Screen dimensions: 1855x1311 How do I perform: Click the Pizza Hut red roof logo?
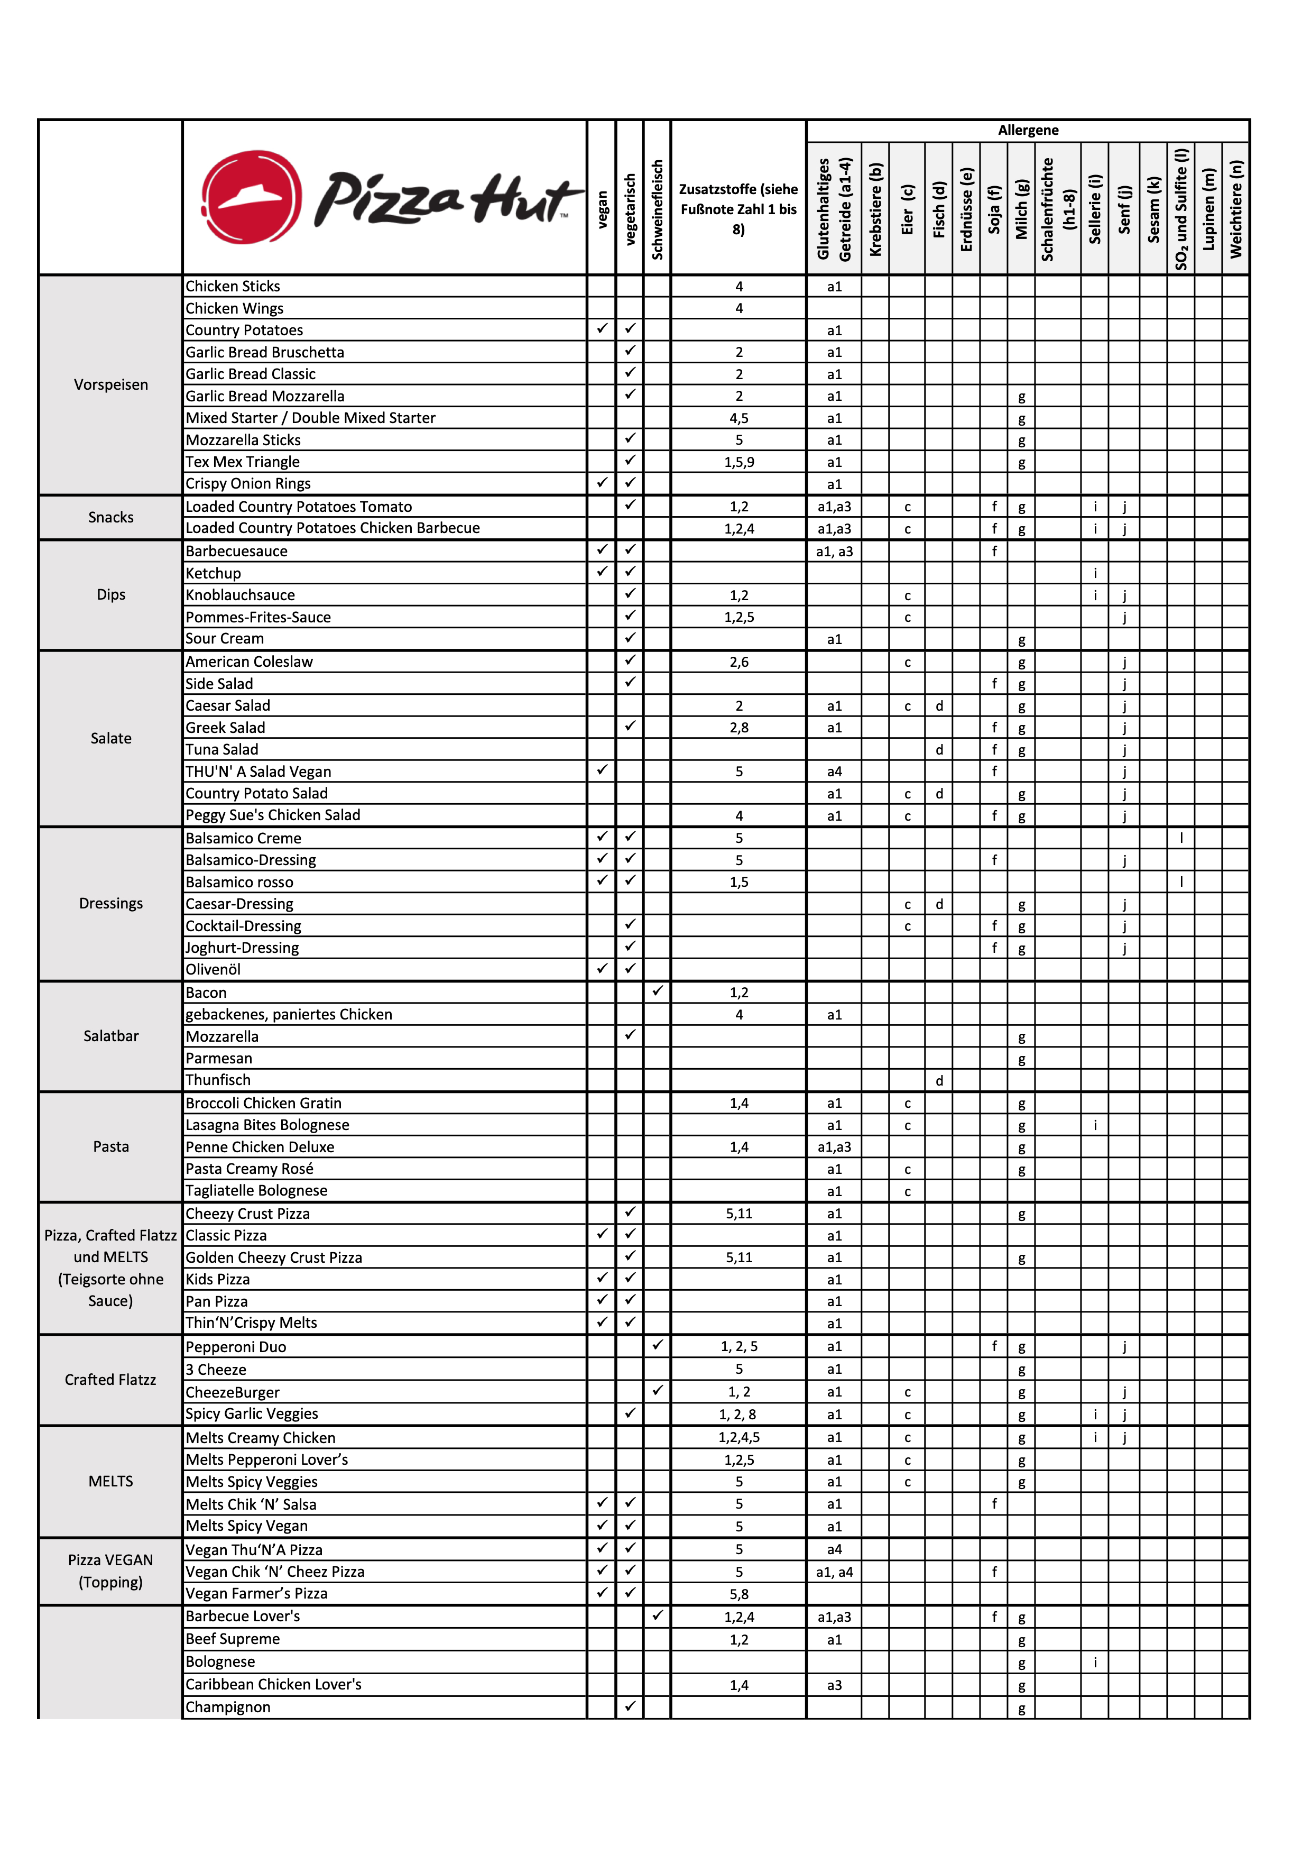pos(251,197)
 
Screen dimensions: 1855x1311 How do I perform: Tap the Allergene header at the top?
pos(1028,130)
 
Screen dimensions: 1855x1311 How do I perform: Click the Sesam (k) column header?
pos(1153,209)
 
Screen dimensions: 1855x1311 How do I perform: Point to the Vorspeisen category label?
pos(110,384)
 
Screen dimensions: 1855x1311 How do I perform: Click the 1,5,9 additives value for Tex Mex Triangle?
pos(738,462)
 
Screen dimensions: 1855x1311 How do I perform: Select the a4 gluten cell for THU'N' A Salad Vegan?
pos(834,772)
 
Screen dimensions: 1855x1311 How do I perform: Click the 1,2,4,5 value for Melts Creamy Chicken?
pos(738,1437)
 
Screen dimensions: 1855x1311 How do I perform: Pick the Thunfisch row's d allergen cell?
pos(939,1080)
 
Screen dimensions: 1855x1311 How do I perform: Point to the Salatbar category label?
pos(110,1036)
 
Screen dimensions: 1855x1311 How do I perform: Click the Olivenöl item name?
pos(213,969)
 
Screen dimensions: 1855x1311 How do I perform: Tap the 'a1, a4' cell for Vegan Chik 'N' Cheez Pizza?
pos(834,1572)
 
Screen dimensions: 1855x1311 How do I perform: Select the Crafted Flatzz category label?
pos(110,1379)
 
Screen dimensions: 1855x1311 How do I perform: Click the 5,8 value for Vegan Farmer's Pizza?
pos(738,1594)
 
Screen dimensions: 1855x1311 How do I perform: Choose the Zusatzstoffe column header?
pos(738,209)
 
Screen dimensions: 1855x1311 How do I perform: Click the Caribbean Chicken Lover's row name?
pos(273,1685)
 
